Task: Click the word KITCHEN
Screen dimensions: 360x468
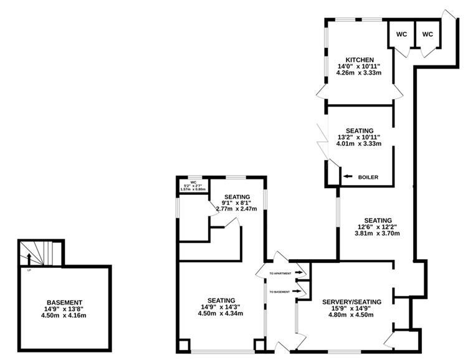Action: pos(355,60)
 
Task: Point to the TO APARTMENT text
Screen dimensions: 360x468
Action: pos(280,273)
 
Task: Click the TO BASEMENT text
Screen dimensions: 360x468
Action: pos(280,291)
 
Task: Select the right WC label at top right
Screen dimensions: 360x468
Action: pos(427,34)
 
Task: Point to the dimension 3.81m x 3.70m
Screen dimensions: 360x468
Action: pos(378,234)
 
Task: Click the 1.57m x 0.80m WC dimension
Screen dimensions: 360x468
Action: pos(193,189)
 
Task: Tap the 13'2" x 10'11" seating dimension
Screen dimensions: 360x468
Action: pos(359,136)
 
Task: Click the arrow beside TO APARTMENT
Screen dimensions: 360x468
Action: pos(301,273)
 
